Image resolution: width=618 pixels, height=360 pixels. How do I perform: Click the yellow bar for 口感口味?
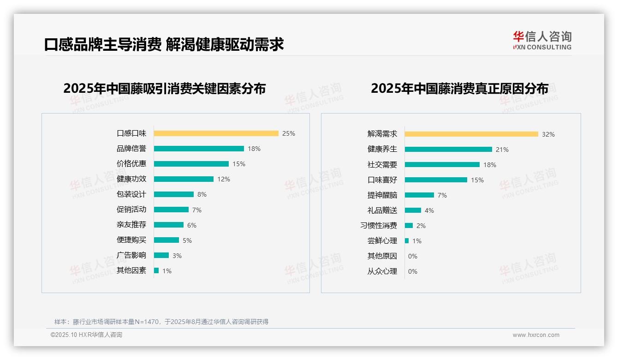coord(216,133)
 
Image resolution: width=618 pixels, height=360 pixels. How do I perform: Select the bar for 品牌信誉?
coord(199,149)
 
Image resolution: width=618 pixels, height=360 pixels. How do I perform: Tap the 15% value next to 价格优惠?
coord(239,164)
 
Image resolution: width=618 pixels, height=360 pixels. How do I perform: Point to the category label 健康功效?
coord(131,179)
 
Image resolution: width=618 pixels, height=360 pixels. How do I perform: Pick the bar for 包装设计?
coord(174,194)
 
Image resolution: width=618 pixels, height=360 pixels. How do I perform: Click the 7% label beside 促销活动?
coord(197,210)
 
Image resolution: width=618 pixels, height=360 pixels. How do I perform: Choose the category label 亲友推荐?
coord(131,225)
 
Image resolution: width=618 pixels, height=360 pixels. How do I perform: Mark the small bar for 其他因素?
coord(156,270)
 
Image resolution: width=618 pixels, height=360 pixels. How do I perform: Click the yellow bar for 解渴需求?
coord(471,134)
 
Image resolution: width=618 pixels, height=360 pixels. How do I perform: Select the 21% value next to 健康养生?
coord(502,150)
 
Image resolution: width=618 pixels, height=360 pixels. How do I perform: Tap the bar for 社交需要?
coord(442,165)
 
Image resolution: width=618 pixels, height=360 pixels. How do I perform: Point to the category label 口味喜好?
coord(382,180)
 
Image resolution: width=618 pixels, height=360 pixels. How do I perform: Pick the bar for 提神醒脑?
coord(420,195)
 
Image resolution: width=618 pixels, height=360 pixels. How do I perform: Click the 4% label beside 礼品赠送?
coord(429,210)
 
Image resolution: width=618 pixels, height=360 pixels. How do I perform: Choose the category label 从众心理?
coord(382,271)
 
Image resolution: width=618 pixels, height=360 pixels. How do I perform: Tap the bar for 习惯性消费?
coord(409,226)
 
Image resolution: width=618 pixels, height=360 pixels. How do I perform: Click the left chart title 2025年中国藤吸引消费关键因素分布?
coord(165,89)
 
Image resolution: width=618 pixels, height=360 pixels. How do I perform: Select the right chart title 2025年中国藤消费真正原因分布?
coord(459,89)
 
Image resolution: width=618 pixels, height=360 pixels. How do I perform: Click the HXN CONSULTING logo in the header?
coord(542,41)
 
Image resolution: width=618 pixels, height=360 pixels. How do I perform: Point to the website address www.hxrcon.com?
coord(536,335)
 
